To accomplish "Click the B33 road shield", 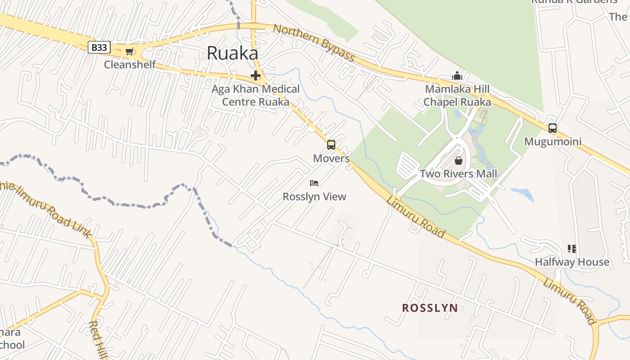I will [99, 47].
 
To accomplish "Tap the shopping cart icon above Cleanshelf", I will [130, 52].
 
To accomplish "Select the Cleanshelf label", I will [130, 64].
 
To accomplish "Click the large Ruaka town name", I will [232, 53].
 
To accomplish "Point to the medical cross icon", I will [256, 76].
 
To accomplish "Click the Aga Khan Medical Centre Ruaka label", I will [256, 95].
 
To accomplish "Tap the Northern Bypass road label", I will [314, 43].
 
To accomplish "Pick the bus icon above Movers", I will [331, 145].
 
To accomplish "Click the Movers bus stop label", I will [331, 158].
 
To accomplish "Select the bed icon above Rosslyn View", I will [314, 183].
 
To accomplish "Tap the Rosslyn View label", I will [314, 197].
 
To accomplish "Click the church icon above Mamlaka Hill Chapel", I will [457, 76].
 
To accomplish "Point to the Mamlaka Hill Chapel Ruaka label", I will [457, 95].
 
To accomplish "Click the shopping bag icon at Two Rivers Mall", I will [459, 160].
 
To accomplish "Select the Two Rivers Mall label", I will [459, 174].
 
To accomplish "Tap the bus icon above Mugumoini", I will [553, 128].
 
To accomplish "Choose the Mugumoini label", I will [553, 142].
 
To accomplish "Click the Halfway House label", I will [572, 262].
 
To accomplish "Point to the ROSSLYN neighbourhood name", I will [430, 308].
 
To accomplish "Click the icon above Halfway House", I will [572, 248].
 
